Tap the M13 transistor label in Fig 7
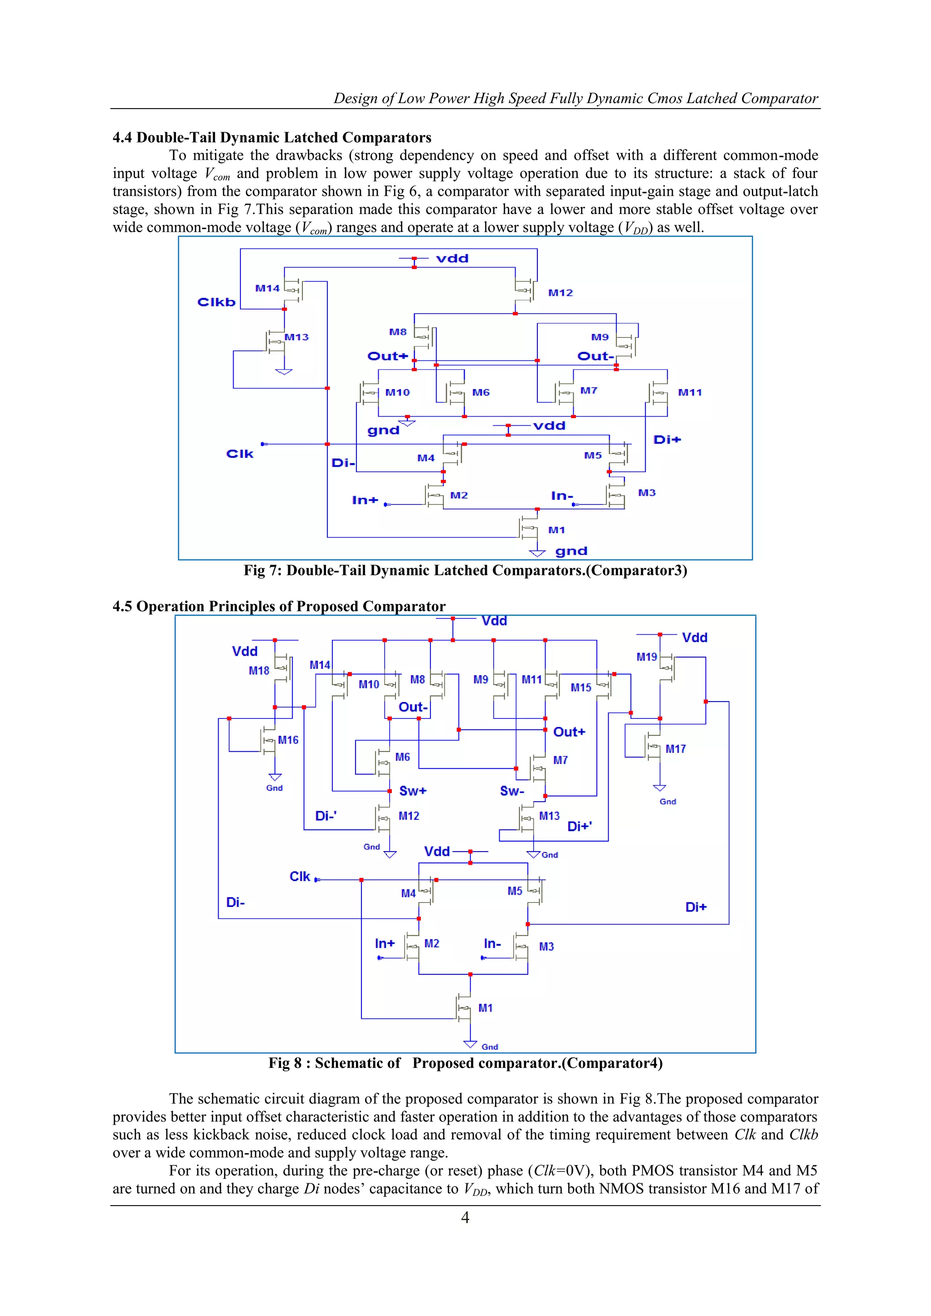[x=296, y=337]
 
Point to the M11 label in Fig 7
[x=690, y=393]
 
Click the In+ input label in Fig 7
[x=365, y=500]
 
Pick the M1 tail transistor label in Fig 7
[x=556, y=530]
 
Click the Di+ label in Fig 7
[x=667, y=439]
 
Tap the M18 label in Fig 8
[x=259, y=671]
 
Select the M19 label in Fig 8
[x=647, y=657]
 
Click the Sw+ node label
[x=413, y=791]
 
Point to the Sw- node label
[x=512, y=791]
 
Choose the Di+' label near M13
[x=580, y=826]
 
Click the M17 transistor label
[x=676, y=749]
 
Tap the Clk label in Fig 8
[x=299, y=877]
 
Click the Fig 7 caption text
[x=465, y=570]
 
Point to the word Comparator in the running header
[x=780, y=99]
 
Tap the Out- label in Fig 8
[x=413, y=707]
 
